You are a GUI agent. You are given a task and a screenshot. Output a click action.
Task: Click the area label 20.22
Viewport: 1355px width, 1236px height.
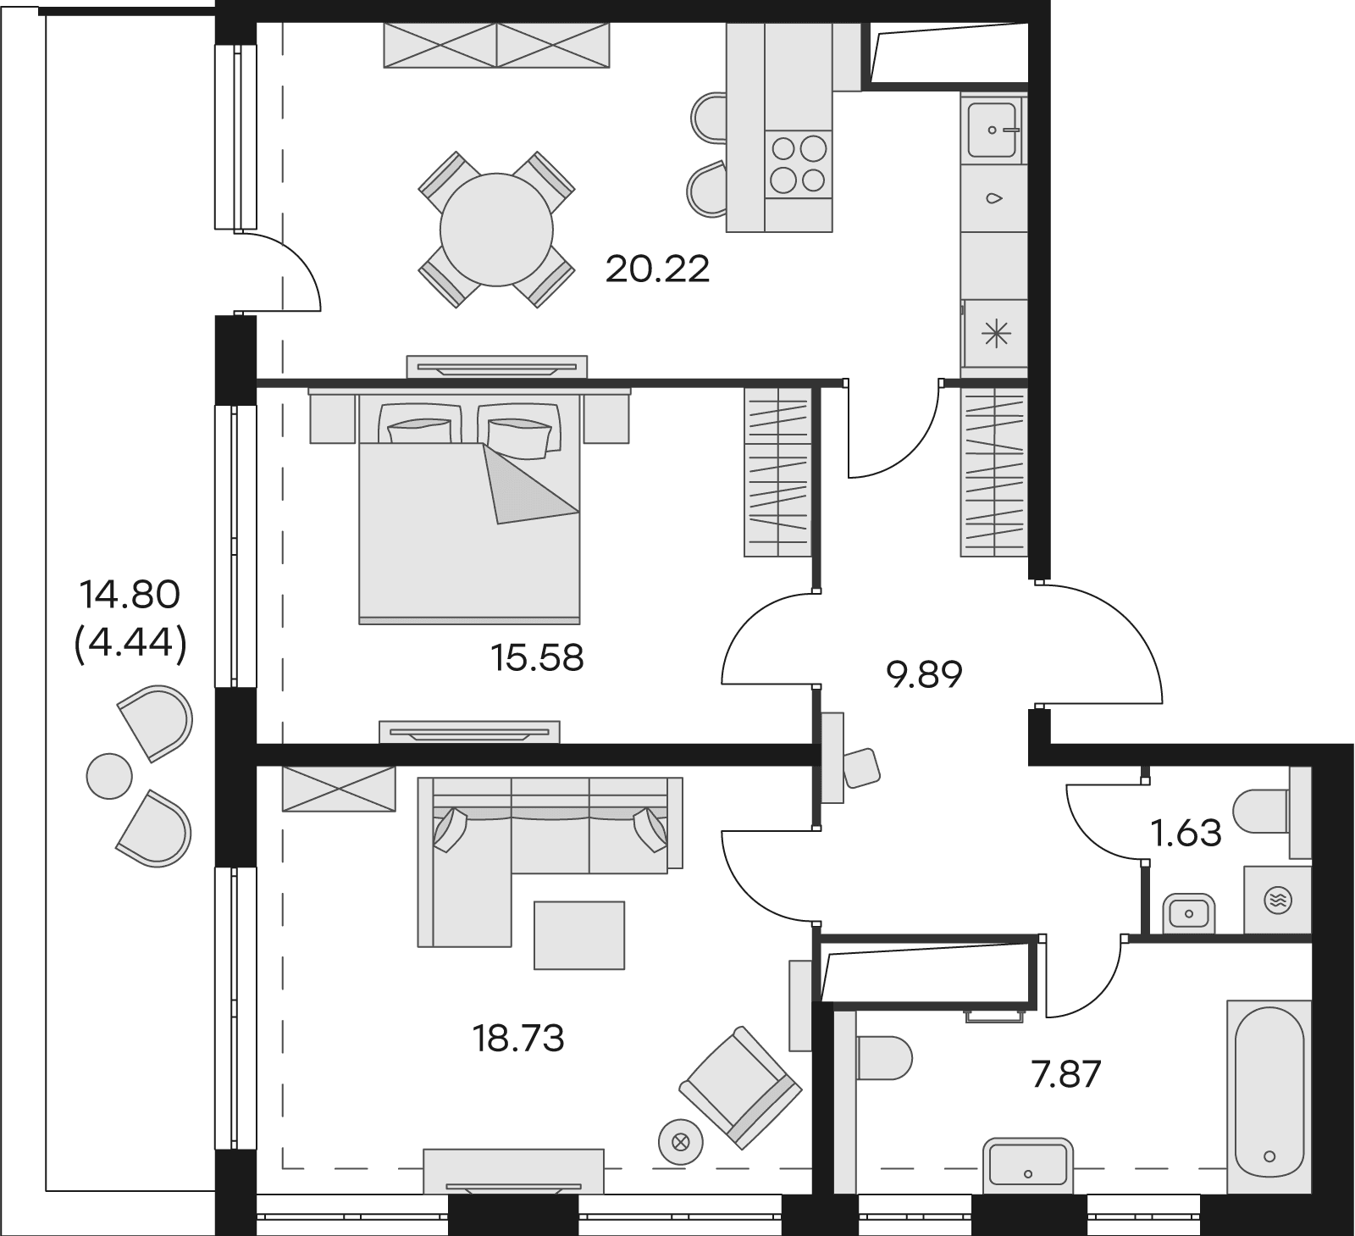pos(657,269)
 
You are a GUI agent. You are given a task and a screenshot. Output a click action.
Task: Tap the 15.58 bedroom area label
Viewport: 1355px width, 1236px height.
pos(538,657)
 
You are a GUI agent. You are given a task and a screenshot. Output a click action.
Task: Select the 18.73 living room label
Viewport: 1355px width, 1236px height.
pos(518,1038)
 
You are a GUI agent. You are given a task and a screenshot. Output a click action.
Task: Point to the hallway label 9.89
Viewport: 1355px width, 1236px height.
pos(924,675)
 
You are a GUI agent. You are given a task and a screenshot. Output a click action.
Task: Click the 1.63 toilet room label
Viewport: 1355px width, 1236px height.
pos(1186,834)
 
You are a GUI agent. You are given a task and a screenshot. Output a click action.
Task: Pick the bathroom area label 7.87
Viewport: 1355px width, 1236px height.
pos(1066,1075)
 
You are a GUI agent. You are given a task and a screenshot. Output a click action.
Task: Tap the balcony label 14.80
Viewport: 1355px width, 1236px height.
pos(130,595)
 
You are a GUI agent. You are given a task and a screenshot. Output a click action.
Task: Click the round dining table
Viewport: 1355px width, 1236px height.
pos(496,229)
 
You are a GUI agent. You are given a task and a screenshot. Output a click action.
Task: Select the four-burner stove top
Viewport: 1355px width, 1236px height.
pos(798,164)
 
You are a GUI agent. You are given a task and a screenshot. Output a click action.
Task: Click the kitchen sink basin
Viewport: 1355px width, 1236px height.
pos(992,130)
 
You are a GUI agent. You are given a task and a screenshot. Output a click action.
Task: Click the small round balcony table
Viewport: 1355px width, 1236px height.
pos(109,775)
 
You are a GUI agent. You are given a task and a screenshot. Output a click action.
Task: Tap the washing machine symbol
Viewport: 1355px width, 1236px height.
pos(1277,900)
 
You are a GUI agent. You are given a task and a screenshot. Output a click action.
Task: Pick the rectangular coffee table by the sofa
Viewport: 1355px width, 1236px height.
pos(579,934)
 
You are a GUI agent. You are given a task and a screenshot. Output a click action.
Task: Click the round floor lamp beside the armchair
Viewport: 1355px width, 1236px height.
pos(679,1140)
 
